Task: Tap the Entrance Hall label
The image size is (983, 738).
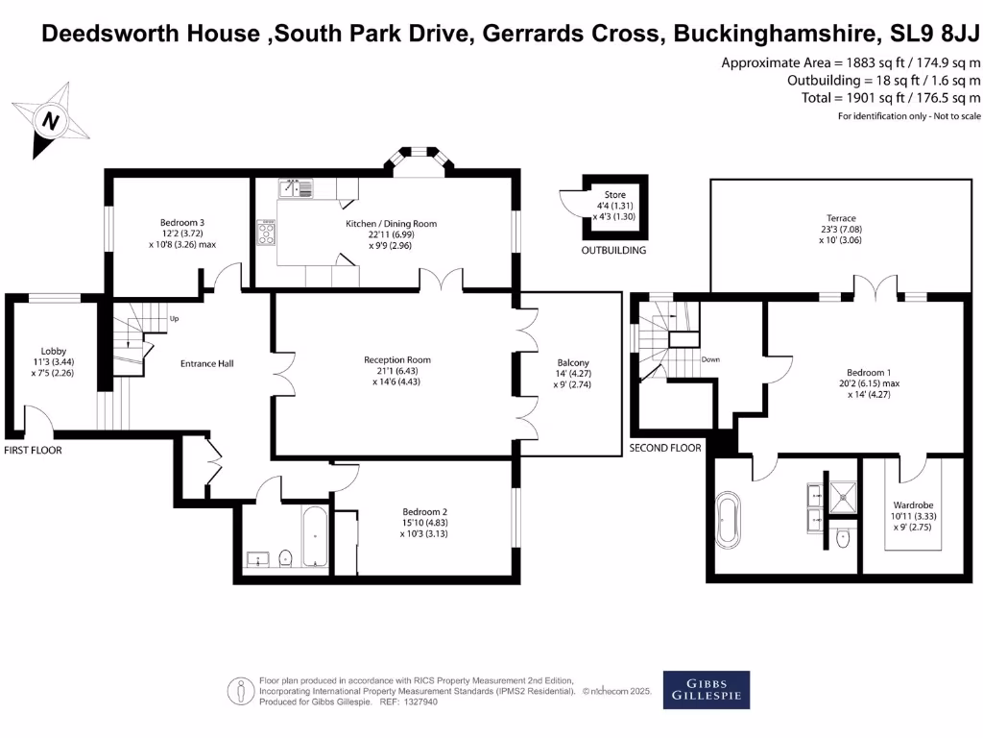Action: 207,363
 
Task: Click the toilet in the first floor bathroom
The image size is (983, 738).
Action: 285,557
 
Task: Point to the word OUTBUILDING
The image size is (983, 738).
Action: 613,251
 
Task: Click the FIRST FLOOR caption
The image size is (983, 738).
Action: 33,450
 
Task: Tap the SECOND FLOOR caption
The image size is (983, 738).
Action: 664,448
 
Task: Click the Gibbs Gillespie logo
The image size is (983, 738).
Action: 707,689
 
